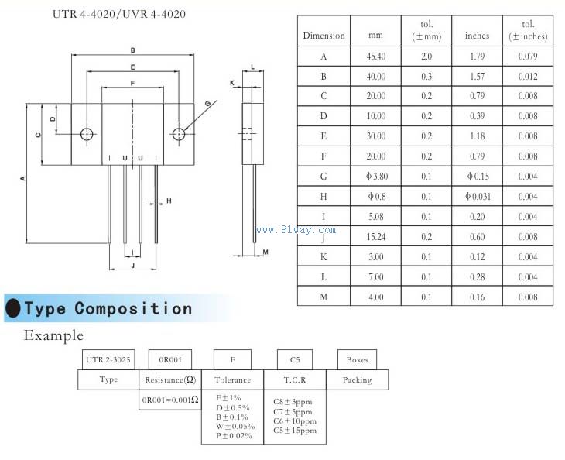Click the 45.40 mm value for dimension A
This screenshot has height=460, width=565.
(x=375, y=57)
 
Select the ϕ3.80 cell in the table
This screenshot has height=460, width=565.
(x=375, y=177)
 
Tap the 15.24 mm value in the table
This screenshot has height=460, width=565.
(x=375, y=237)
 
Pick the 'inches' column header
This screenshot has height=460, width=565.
(x=477, y=36)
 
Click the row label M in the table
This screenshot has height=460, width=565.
(x=324, y=297)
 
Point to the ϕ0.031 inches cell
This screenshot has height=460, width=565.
(x=478, y=197)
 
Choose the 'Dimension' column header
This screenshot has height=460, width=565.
(x=324, y=36)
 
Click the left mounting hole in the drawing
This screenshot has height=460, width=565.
(x=87, y=134)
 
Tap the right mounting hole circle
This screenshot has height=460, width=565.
(x=179, y=134)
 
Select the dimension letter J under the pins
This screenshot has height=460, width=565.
(x=133, y=265)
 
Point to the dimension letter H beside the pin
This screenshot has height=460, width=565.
(x=169, y=201)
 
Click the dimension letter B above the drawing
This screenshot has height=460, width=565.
(x=133, y=50)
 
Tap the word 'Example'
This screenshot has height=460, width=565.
(x=53, y=335)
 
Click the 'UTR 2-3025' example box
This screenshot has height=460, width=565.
(x=108, y=359)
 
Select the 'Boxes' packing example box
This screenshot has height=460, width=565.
(x=357, y=359)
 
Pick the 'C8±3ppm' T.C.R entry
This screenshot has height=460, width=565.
(x=294, y=402)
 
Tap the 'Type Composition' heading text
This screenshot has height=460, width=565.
(x=108, y=308)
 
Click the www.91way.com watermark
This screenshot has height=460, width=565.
(x=296, y=229)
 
